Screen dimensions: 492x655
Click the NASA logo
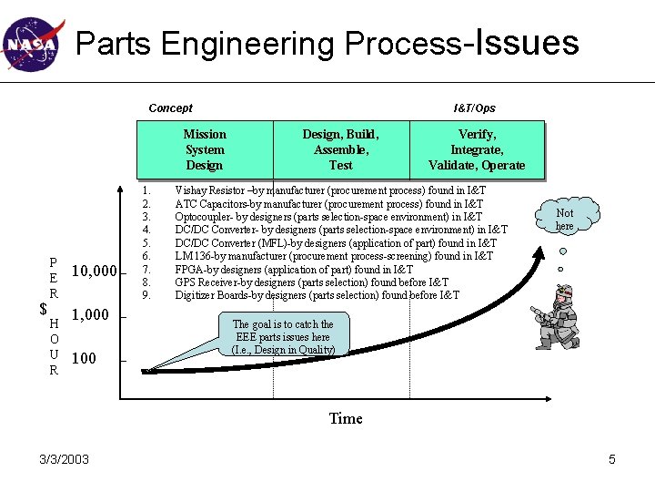[33, 43]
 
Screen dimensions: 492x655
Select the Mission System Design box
[205, 149]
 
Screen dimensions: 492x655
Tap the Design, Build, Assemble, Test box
[340, 149]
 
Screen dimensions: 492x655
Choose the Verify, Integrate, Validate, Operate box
[477, 149]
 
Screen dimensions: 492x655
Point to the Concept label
[170, 108]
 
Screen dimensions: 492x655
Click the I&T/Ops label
[475, 108]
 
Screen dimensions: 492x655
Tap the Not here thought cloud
[565, 219]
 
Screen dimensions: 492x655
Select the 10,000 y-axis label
[94, 272]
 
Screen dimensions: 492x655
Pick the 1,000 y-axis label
[90, 315]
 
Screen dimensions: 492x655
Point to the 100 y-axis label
[84, 358]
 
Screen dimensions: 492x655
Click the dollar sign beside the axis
[43, 308]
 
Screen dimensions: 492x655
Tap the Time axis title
[345, 418]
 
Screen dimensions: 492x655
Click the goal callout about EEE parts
[283, 337]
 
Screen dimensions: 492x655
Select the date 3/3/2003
[65, 459]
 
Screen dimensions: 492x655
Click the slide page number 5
[612, 459]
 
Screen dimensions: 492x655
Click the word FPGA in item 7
[188, 270]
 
